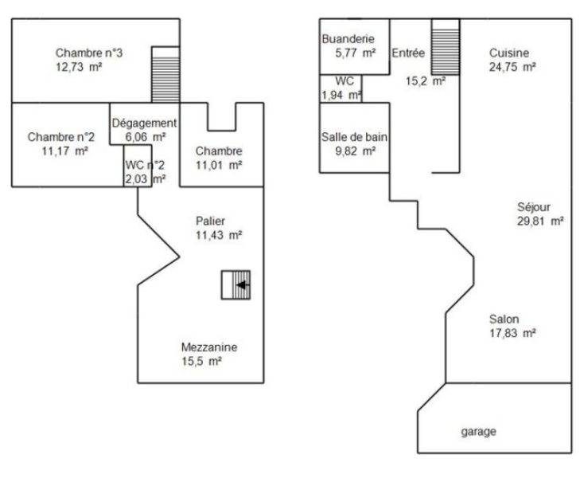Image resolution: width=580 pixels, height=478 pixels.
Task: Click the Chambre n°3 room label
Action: click(89, 53)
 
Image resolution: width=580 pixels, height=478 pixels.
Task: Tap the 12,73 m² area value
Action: click(79, 67)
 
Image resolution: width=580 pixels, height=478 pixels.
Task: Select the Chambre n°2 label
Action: click(61, 137)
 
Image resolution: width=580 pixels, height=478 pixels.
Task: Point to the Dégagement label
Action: click(144, 123)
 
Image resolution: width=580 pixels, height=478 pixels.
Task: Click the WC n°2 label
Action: click(145, 165)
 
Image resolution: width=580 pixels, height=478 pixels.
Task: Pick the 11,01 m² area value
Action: click(219, 165)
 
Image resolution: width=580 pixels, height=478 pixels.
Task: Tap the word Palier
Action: click(210, 221)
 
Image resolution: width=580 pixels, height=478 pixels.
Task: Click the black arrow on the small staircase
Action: click(243, 284)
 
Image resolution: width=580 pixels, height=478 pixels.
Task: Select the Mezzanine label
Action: click(209, 347)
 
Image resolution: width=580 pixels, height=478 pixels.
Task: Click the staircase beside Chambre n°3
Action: click(165, 75)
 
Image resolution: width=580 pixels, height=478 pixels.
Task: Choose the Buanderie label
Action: click(348, 39)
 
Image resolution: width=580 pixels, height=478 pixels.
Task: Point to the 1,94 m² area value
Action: click(341, 95)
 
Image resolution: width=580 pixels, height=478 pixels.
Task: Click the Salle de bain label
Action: click(354, 137)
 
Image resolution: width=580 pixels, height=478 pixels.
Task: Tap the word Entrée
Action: click(408, 53)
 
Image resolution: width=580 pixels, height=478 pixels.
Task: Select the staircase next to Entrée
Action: click(446, 47)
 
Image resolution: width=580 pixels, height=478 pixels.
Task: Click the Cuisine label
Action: click(509, 53)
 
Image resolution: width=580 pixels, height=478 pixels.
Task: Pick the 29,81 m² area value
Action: click(540, 221)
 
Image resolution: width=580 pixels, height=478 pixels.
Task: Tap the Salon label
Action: click(504, 319)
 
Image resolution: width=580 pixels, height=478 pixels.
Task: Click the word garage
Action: click(479, 432)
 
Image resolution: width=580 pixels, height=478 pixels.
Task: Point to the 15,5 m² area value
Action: click(201, 361)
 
